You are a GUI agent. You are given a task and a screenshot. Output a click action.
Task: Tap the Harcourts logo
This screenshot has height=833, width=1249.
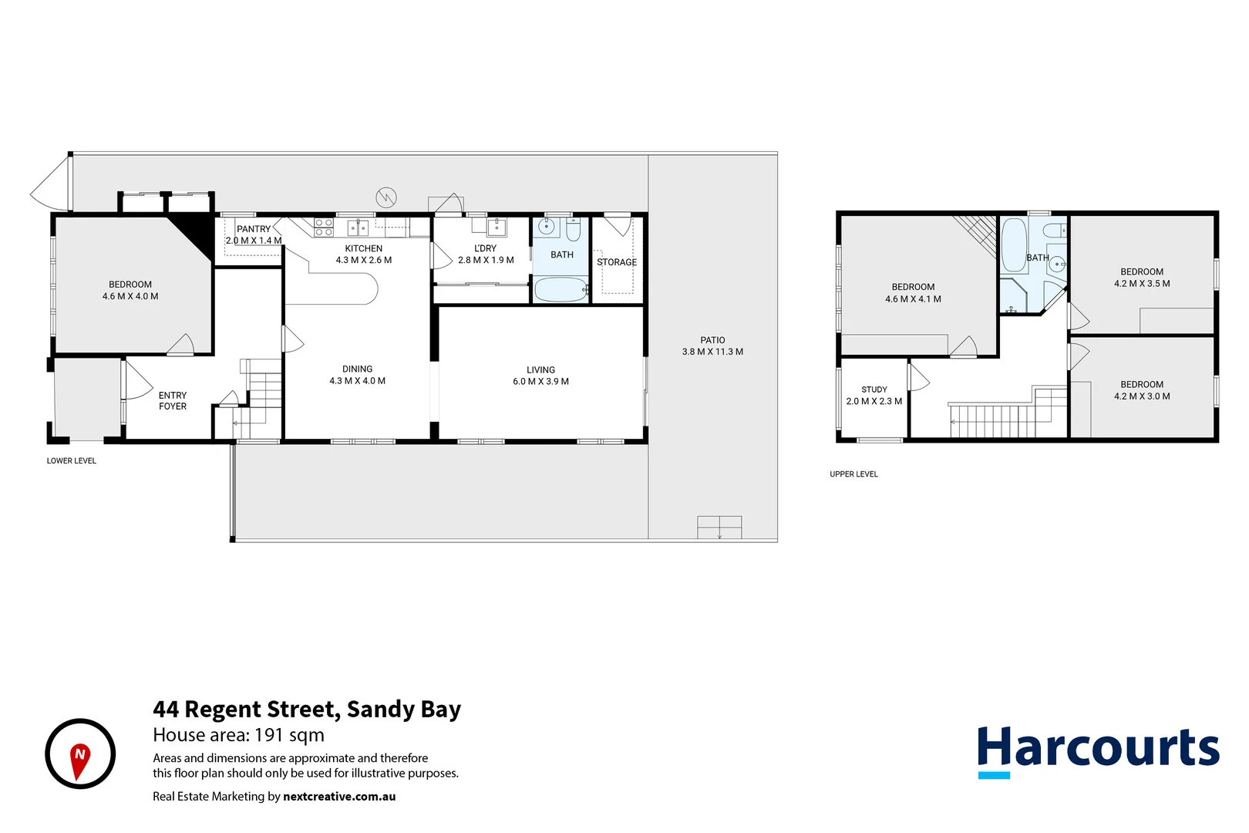(x=1098, y=750)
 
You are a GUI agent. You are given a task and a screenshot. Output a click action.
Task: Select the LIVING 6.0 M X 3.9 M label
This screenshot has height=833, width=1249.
(x=540, y=376)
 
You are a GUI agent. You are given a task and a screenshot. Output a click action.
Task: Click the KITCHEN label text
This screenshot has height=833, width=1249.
(x=363, y=248)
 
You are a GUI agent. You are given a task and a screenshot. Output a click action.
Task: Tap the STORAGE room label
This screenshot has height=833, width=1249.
(x=617, y=262)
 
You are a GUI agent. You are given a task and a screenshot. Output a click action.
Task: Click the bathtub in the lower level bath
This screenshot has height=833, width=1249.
(x=561, y=290)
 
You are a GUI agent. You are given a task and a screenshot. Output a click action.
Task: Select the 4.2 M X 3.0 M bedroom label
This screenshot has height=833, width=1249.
(x=1142, y=390)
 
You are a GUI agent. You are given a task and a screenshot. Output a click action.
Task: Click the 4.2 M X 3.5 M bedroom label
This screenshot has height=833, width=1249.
(x=1142, y=278)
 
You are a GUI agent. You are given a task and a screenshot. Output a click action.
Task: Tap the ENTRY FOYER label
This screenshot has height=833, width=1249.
(x=173, y=400)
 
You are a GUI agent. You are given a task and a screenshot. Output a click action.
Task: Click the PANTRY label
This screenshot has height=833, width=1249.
(x=254, y=229)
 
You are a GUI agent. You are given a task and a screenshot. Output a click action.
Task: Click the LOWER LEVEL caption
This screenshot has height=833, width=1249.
(x=71, y=460)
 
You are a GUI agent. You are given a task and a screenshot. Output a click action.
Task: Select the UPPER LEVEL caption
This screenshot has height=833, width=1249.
(x=853, y=474)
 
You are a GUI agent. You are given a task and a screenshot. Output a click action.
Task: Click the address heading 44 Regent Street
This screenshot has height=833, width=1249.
(x=307, y=709)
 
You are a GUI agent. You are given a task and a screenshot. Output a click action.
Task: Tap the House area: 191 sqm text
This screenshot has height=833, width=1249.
(x=238, y=735)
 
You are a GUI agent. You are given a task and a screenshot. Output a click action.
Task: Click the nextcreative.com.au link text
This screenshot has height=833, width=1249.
(x=339, y=797)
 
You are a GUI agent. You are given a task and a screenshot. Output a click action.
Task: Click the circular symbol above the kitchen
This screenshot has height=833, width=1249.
(x=386, y=197)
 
